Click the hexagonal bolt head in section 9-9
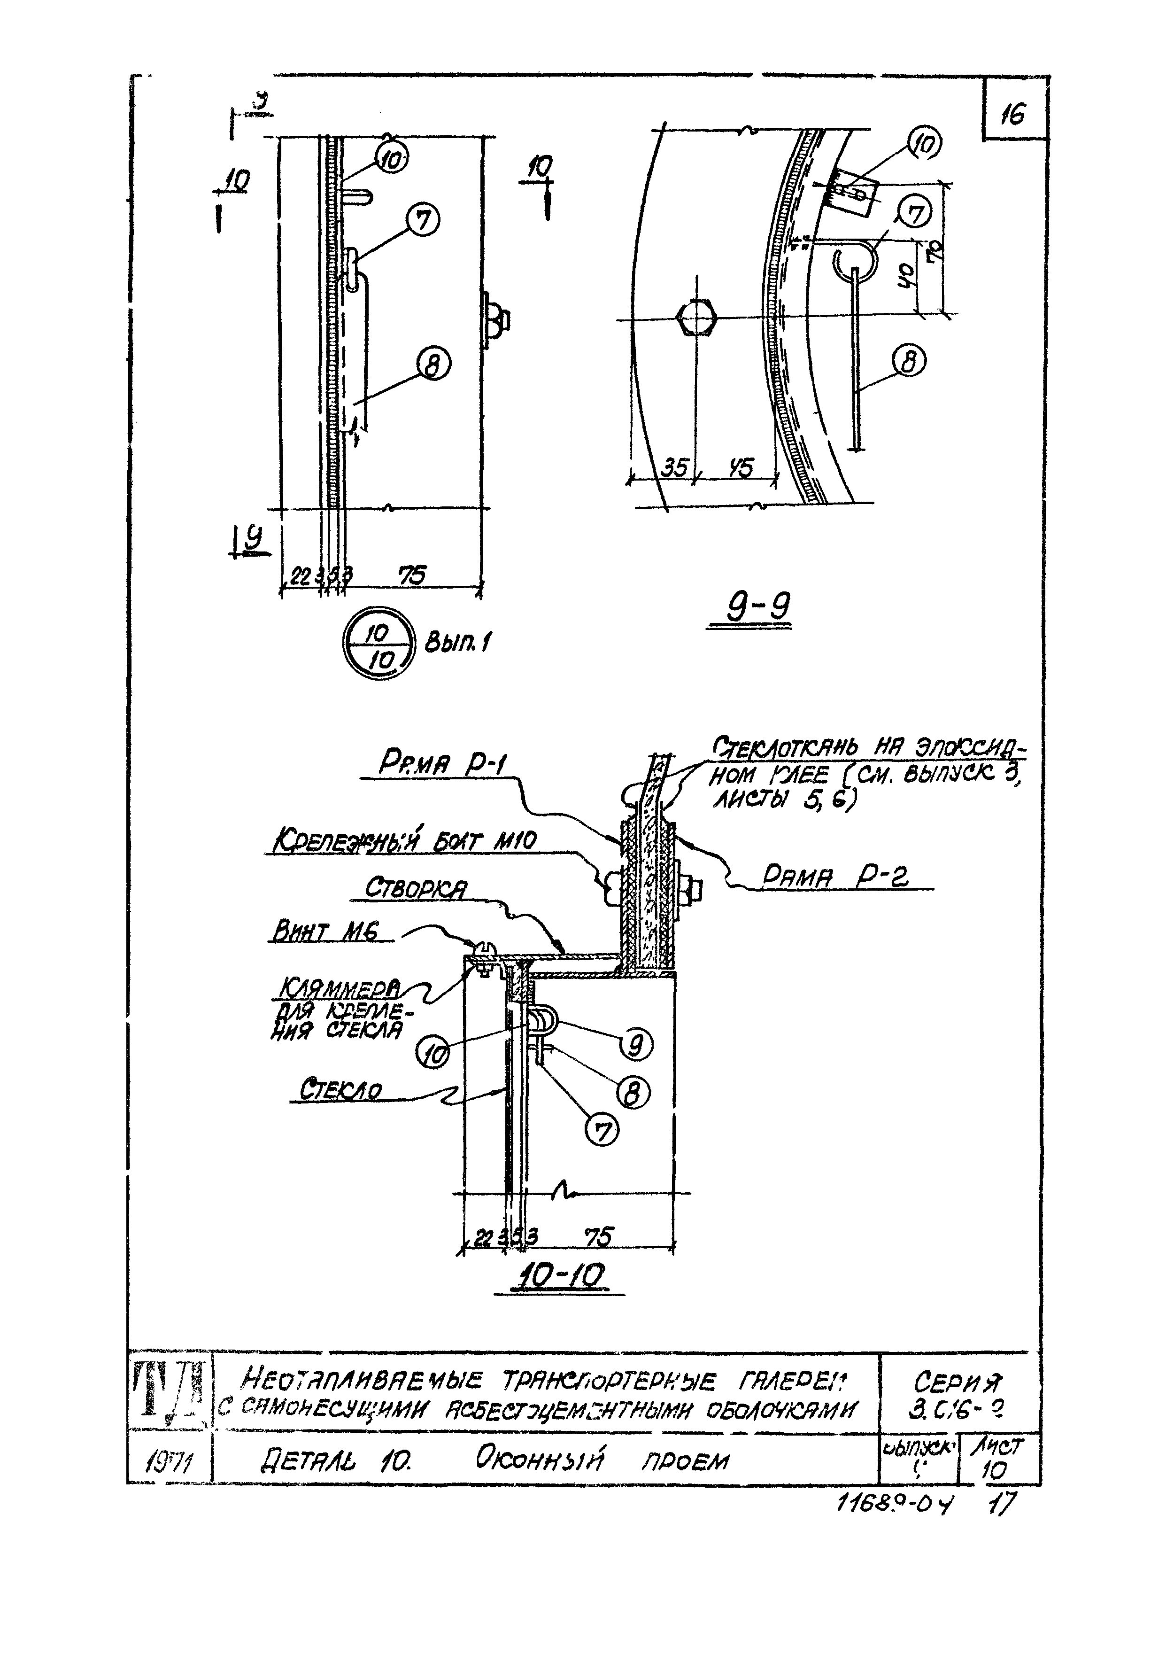(695, 318)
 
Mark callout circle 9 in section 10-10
(635, 1045)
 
